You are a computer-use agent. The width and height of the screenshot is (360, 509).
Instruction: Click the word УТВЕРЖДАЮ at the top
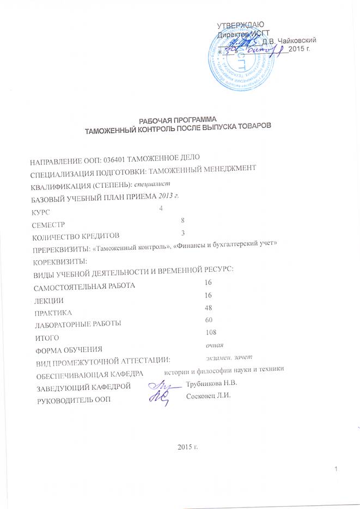pyautogui.click(x=241, y=26)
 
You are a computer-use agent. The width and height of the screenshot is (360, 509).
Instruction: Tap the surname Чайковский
pyautogui.click(x=299, y=41)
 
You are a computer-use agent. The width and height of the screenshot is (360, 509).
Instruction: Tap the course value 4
pyautogui.click(x=161, y=208)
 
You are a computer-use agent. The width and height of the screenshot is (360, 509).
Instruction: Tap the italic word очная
pyautogui.click(x=214, y=345)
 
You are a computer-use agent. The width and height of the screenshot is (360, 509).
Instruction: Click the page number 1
pyautogui.click(x=337, y=469)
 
